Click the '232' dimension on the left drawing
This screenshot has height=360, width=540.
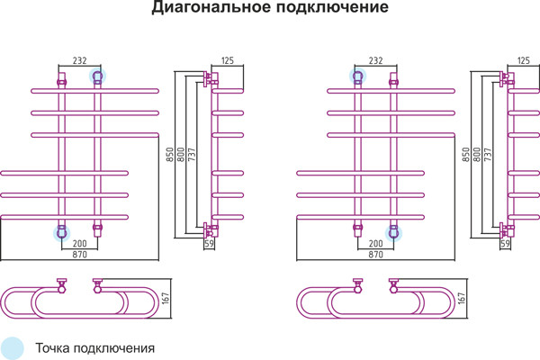coord(79,60)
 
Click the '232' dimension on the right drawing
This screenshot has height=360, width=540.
coord(375,60)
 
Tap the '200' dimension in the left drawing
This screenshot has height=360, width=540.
coord(79,244)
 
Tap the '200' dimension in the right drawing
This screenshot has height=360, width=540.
coord(375,244)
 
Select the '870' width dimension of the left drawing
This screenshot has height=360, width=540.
coord(80,256)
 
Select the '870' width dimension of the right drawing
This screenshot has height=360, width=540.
coord(376,256)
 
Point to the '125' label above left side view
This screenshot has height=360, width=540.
coord(227,60)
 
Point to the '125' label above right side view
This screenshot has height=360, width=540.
coord(523,60)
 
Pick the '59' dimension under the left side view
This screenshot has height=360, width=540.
coord(209,244)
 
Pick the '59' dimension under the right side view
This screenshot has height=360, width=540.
coord(505,244)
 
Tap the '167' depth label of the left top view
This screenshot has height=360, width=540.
coord(166,299)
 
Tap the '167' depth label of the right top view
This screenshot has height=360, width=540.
coord(463,299)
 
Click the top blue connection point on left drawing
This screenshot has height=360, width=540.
coord(97,76)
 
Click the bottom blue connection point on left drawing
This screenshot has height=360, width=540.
coord(61,232)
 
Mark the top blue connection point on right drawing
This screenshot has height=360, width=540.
coord(357,76)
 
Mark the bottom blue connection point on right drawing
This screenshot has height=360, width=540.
coord(393,232)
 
